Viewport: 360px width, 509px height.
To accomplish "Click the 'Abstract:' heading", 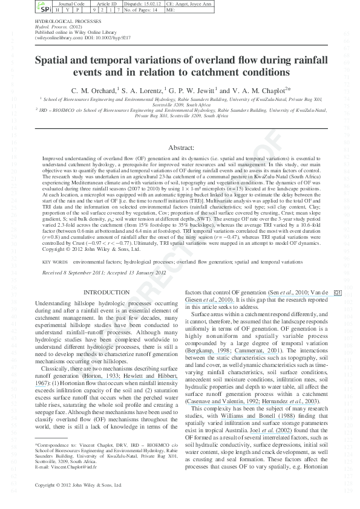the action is (x=180, y=148).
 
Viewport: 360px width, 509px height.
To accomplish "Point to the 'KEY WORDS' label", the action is (x=55, y=262).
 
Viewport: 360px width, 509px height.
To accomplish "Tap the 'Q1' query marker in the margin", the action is (x=338, y=293).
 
